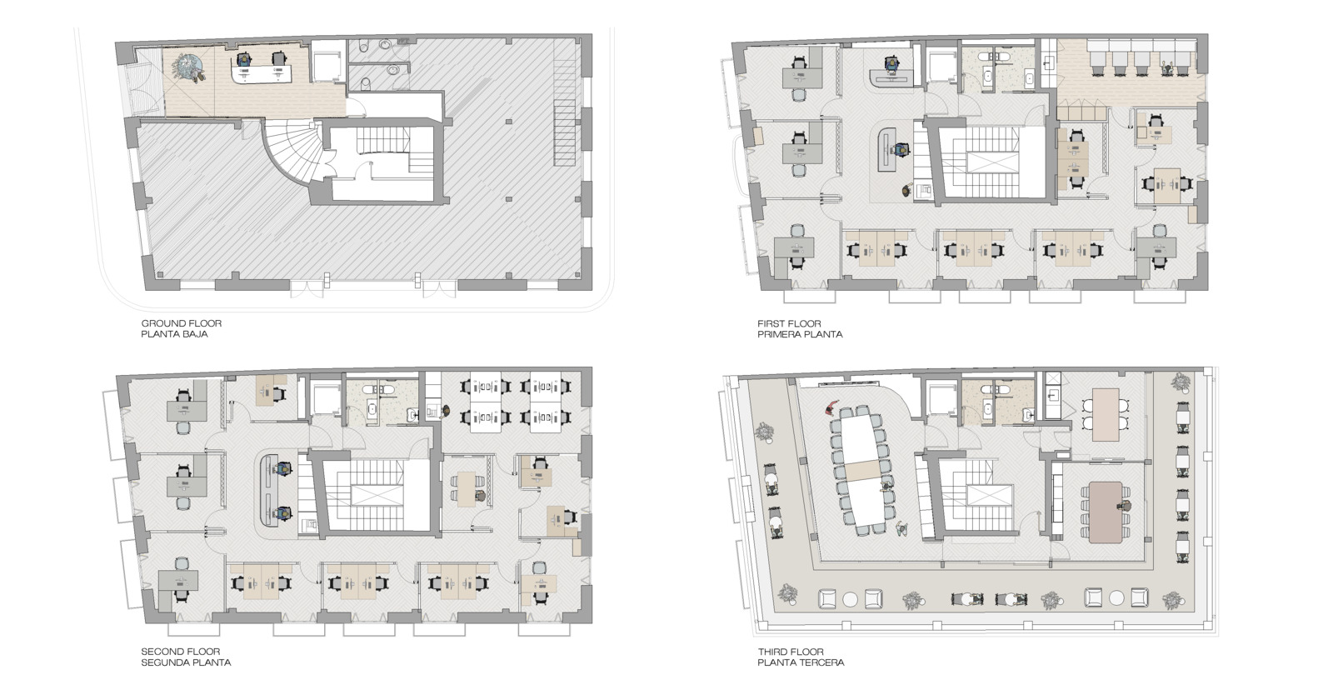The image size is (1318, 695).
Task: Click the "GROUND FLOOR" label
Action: pyautogui.click(x=182, y=323)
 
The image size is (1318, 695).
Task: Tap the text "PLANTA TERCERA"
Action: pyautogui.click(x=800, y=662)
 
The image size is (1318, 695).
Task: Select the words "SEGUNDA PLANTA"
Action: pyautogui.click(x=186, y=662)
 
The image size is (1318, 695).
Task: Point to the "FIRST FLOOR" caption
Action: pyautogui.click(x=789, y=323)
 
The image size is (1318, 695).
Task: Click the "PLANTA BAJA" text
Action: pyautogui.click(x=174, y=333)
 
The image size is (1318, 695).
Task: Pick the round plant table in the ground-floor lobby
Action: pyautogui.click(x=190, y=66)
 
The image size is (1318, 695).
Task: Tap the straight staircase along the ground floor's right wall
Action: pyautogui.click(x=563, y=132)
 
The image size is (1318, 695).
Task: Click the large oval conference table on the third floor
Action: pyautogui.click(x=864, y=467)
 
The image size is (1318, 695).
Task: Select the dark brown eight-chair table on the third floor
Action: pyautogui.click(x=1106, y=512)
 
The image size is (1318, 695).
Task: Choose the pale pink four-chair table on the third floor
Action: pyautogui.click(x=1106, y=414)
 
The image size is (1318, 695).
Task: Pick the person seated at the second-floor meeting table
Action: pyautogui.click(x=481, y=497)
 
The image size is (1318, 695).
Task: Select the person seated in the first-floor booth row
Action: pyautogui.click(x=1169, y=69)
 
